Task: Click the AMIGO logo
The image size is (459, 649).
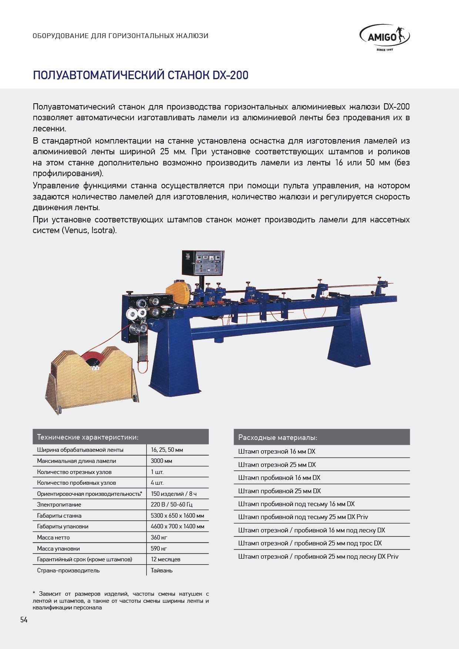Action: (384, 37)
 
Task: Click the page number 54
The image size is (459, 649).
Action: (24, 620)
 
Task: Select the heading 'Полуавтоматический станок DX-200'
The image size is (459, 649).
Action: (141, 75)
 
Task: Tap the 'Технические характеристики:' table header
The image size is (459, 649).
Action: (88, 437)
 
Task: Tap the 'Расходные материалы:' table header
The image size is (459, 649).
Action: (278, 437)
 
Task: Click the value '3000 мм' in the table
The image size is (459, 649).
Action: (161, 461)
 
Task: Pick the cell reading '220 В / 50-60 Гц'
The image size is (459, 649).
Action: (171, 504)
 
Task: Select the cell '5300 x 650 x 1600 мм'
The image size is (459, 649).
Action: (177, 515)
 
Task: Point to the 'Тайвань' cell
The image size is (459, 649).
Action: (162, 570)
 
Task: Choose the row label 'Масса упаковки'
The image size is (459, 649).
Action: (58, 548)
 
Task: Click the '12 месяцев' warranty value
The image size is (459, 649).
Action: (165, 559)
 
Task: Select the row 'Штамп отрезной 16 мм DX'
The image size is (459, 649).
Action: (277, 451)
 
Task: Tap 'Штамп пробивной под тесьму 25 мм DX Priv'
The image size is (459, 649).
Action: (303, 517)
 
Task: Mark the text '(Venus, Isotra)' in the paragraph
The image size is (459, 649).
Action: (89, 231)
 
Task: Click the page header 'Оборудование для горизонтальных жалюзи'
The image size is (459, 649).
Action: (120, 36)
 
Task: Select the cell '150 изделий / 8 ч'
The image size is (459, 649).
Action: (174, 494)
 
